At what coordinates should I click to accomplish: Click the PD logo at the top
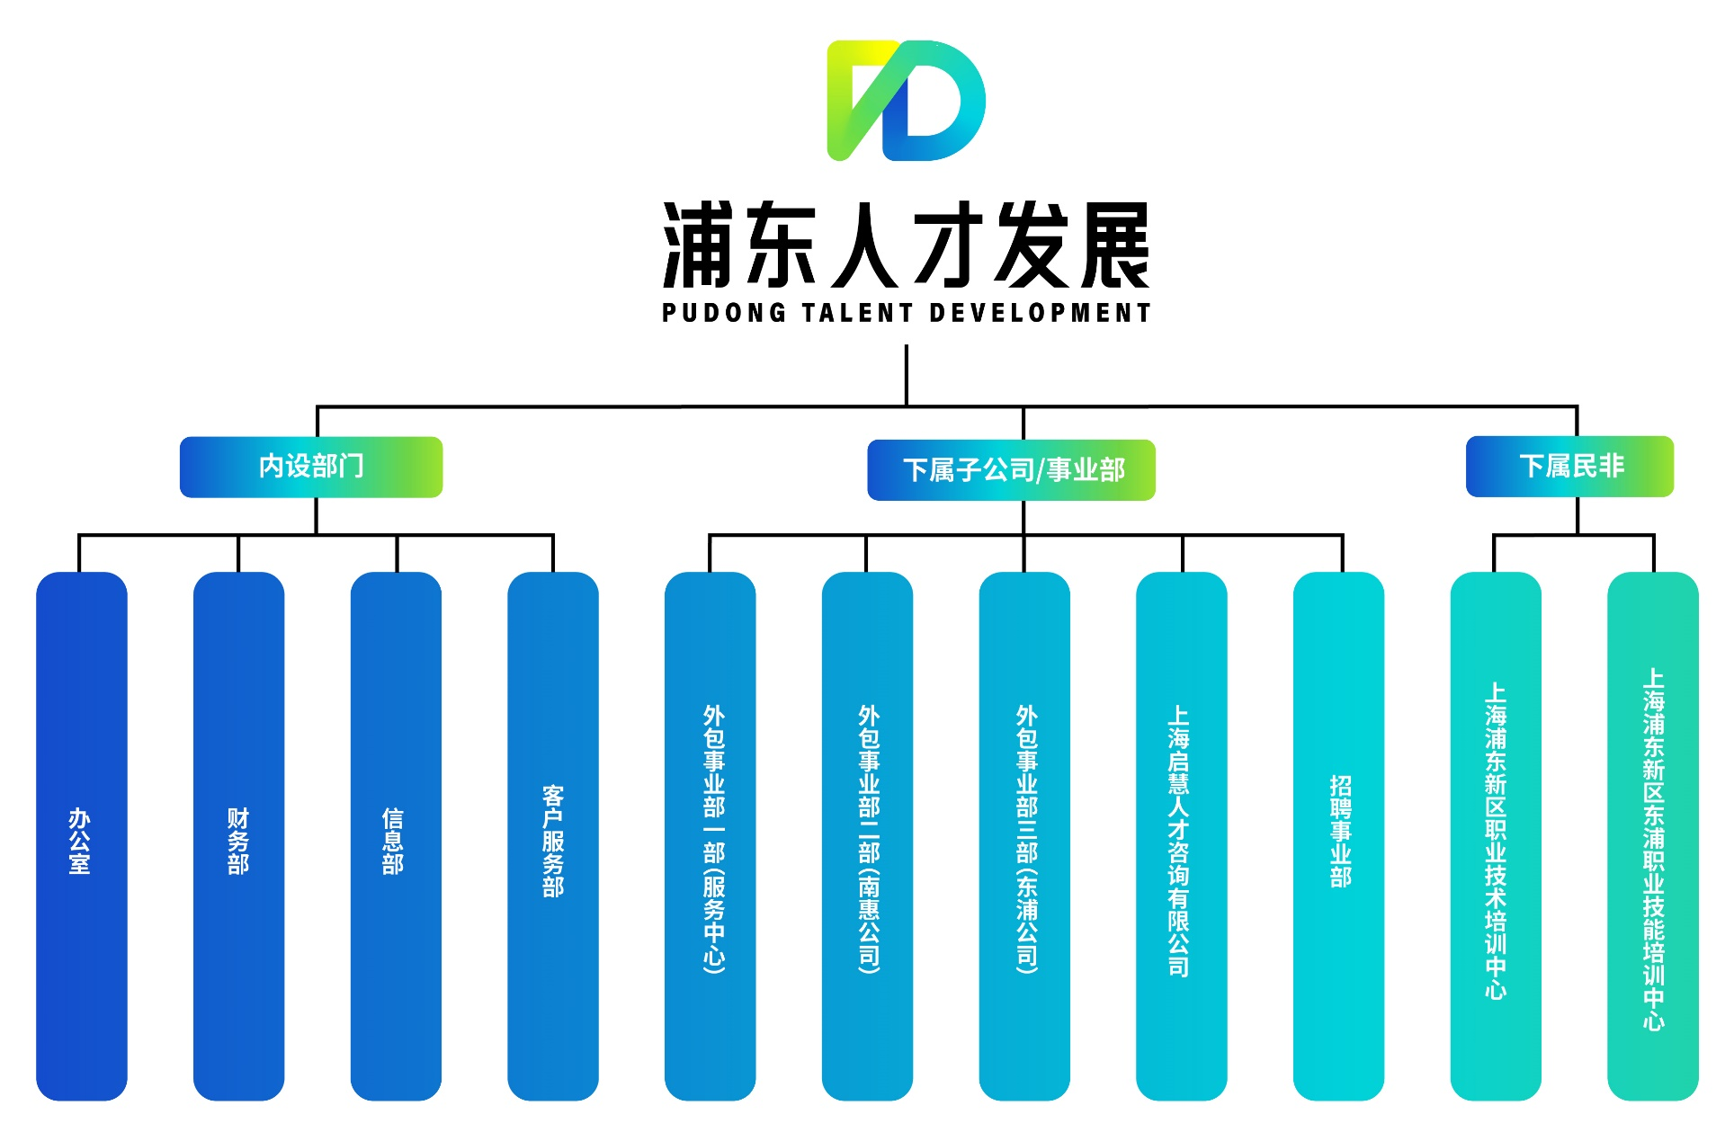pyautogui.click(x=906, y=101)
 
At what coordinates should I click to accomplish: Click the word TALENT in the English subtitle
pyautogui.click(x=845, y=313)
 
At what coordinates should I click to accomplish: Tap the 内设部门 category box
pyautogui.click(x=311, y=467)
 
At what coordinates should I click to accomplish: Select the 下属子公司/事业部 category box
pyautogui.click(x=1011, y=470)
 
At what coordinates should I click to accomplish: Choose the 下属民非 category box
pyautogui.click(x=1569, y=467)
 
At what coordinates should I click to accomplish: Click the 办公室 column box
pyautogui.click(x=81, y=836)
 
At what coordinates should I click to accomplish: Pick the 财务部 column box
pyautogui.click(x=238, y=836)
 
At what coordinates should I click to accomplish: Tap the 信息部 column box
pyautogui.click(x=396, y=836)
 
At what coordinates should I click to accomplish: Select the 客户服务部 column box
pyautogui.click(x=553, y=836)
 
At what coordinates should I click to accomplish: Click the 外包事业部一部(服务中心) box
pyautogui.click(x=711, y=836)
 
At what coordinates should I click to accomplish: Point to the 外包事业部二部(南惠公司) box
pyautogui.click(x=867, y=836)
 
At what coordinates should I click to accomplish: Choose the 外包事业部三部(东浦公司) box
pyautogui.click(x=1024, y=836)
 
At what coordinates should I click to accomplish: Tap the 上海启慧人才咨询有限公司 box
pyautogui.click(x=1181, y=836)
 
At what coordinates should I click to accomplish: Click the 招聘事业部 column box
pyautogui.click(x=1338, y=836)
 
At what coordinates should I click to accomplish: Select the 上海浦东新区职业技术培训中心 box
pyautogui.click(x=1496, y=836)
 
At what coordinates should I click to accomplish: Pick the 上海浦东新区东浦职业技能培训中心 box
pyautogui.click(x=1653, y=836)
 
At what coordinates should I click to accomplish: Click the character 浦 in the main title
pyautogui.click(x=696, y=245)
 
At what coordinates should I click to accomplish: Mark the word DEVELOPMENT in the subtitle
pyautogui.click(x=1040, y=313)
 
